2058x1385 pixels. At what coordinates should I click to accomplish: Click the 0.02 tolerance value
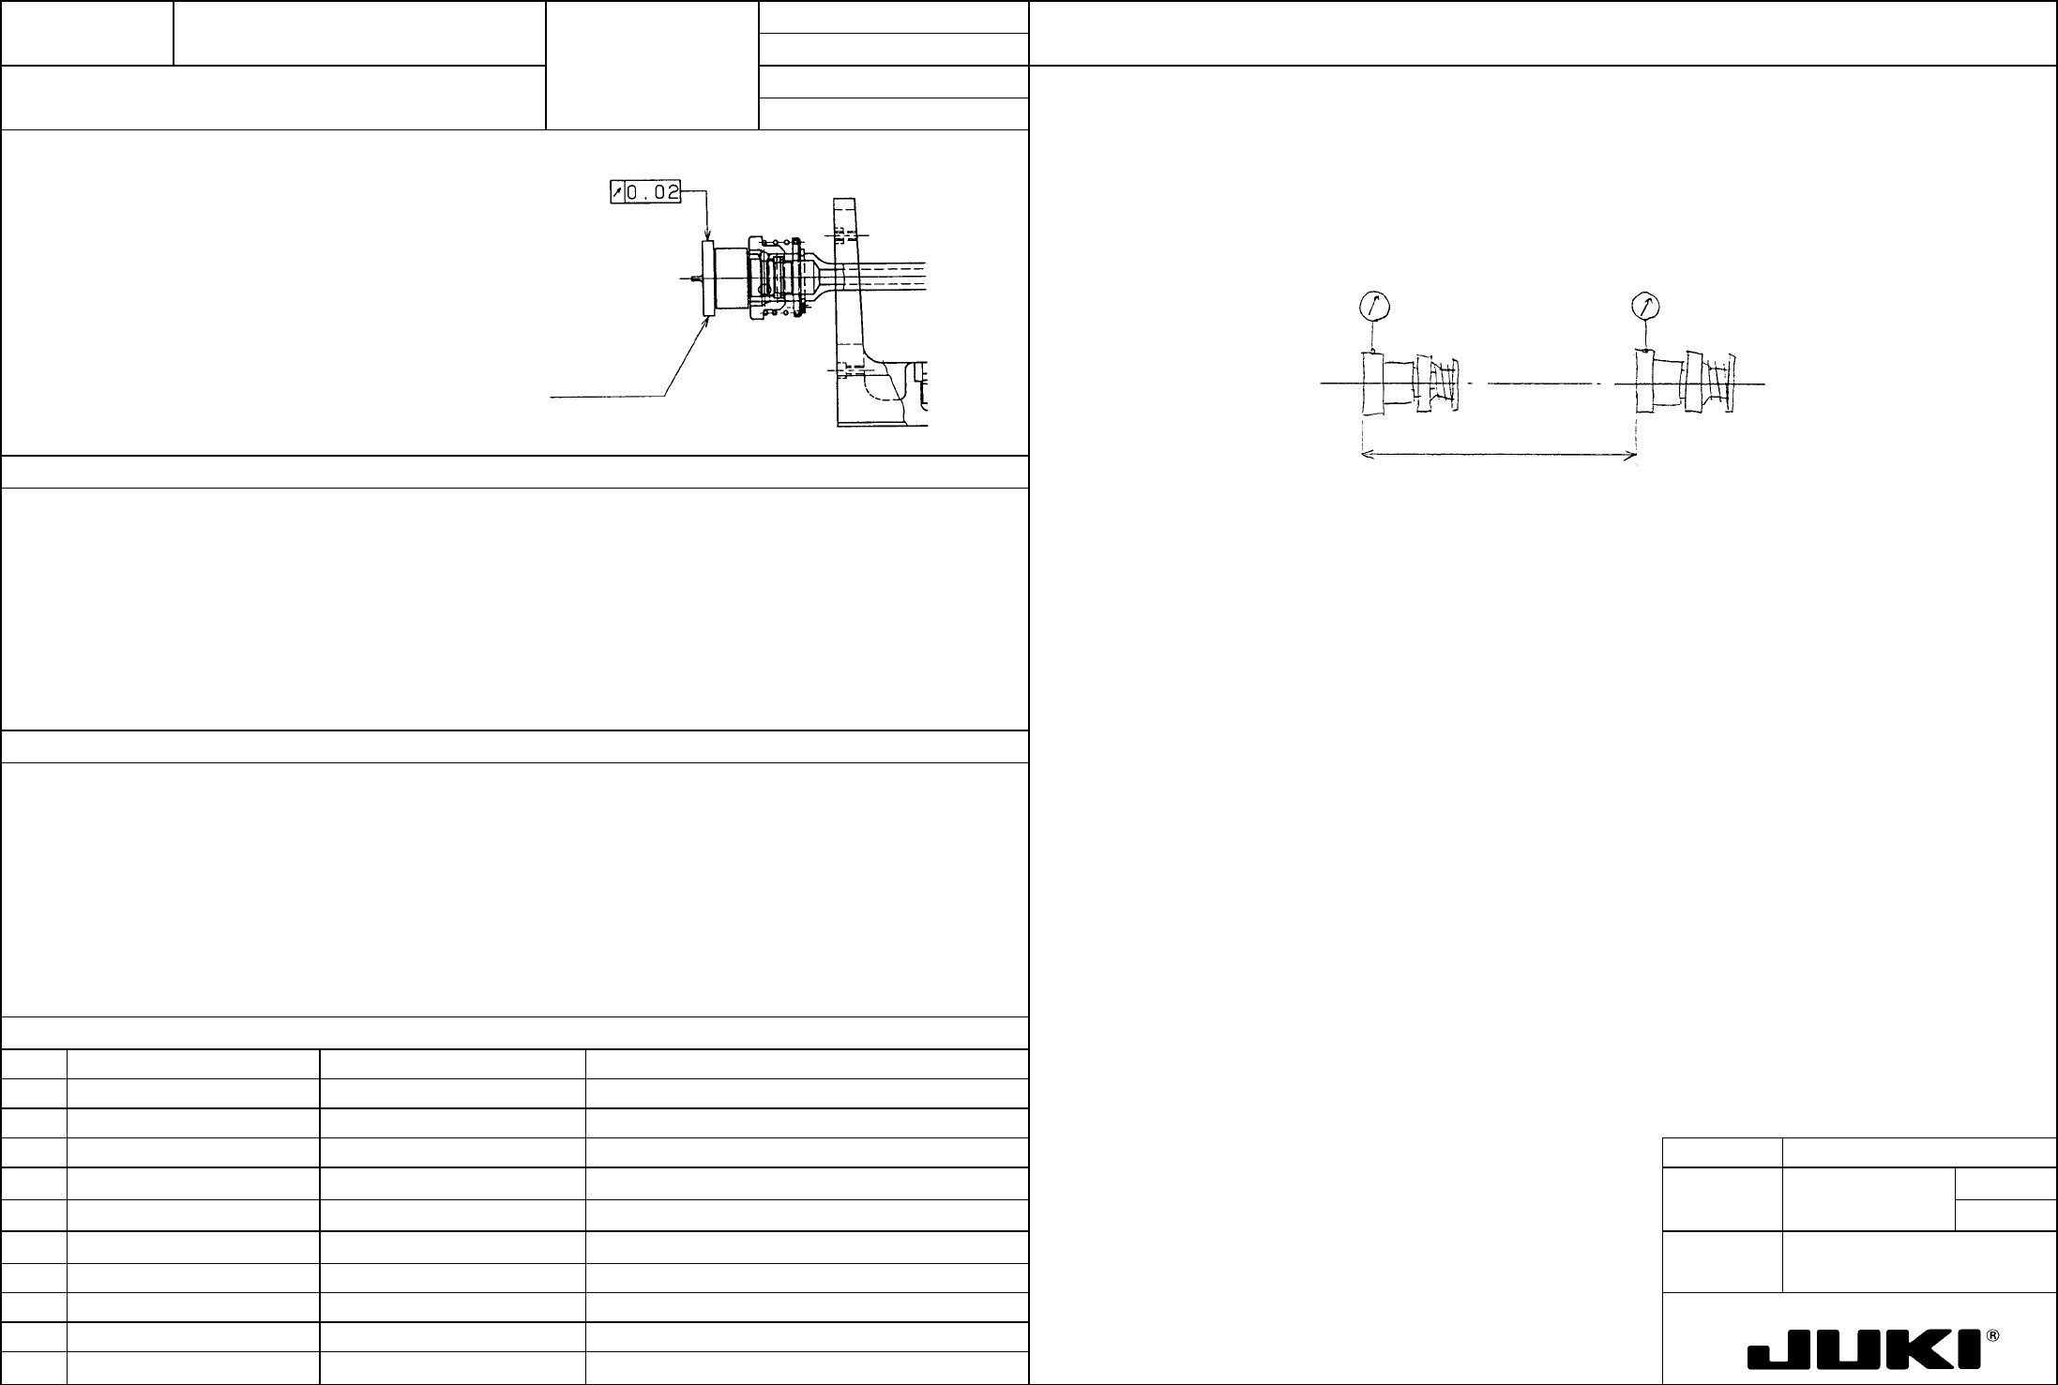(653, 193)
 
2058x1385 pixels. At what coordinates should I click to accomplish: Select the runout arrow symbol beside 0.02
(616, 193)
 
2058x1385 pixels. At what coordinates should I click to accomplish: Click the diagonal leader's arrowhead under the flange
(704, 320)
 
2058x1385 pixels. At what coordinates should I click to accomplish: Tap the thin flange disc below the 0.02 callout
(708, 279)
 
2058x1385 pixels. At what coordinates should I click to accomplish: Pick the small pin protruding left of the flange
(693, 278)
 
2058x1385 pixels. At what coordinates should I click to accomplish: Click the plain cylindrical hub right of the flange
(731, 279)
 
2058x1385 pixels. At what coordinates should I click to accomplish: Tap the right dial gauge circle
(1646, 306)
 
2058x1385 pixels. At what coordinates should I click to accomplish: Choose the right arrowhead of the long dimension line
(1631, 456)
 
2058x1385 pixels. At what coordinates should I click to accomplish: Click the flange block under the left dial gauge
(1373, 384)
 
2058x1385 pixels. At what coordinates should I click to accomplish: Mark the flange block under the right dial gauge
(1643, 384)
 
